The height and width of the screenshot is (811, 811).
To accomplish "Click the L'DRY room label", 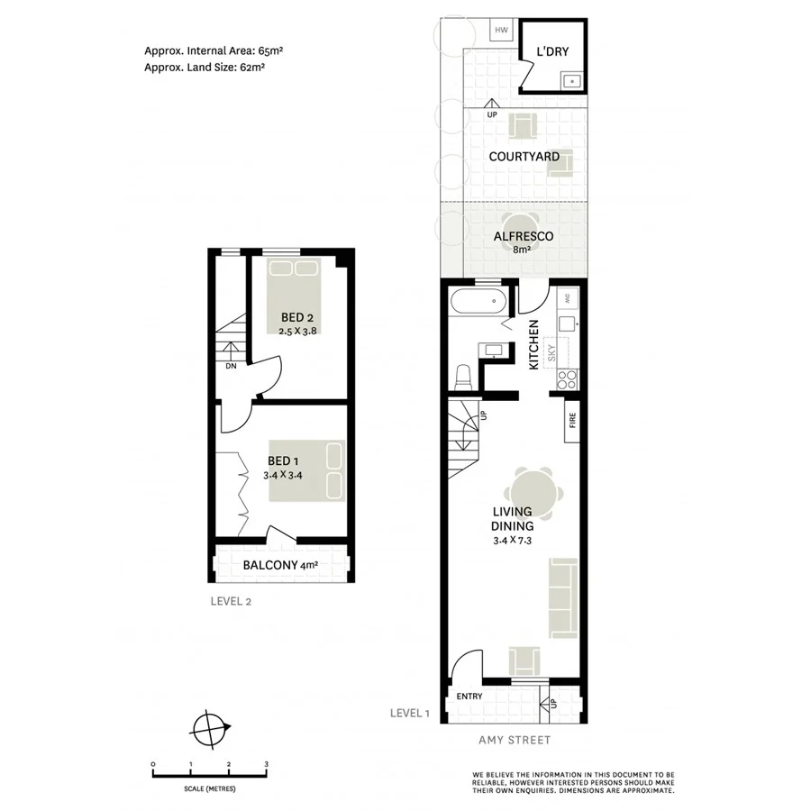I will (552, 51).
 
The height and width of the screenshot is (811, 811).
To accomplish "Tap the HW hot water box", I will (502, 30).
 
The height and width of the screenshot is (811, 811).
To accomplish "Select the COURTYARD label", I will (524, 157).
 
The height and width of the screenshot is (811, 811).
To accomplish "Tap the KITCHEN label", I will (533, 344).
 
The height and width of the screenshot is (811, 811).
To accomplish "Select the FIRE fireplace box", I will (572, 421).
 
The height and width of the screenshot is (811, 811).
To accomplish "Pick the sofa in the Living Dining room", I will (563, 597).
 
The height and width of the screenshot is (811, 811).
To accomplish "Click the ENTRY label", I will (469, 697).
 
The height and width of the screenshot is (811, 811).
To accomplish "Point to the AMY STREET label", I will (514, 741).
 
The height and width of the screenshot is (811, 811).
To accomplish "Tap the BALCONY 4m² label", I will (280, 566).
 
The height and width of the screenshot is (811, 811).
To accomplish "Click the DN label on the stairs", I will (231, 366).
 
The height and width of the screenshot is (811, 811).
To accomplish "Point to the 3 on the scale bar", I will (266, 764).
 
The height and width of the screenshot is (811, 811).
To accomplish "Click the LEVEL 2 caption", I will (231, 601).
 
